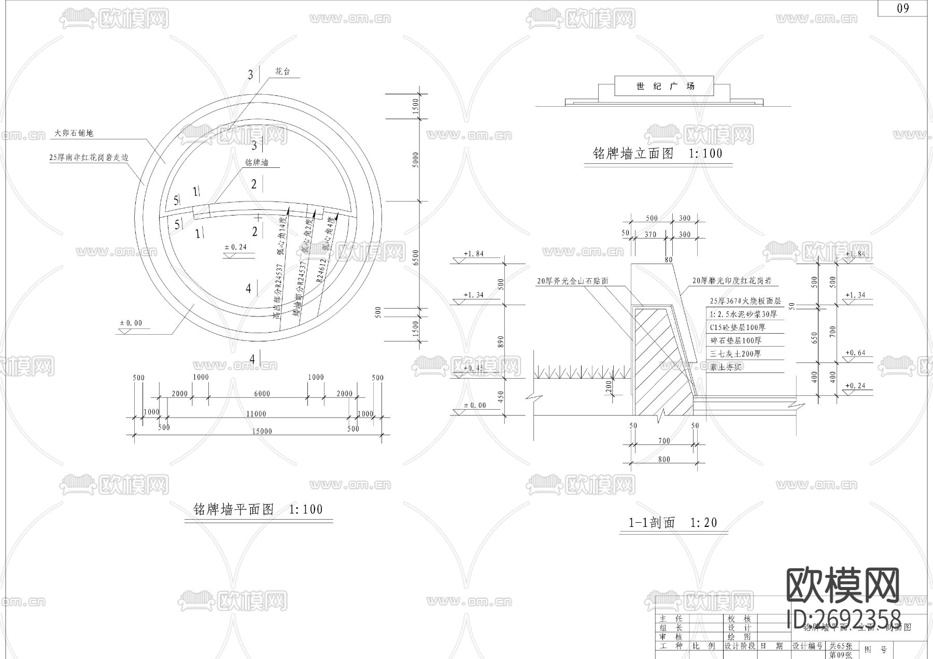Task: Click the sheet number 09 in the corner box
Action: [902, 8]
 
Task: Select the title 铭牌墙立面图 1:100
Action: [657, 154]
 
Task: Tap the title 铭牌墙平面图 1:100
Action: [258, 509]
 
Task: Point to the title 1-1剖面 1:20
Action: [673, 523]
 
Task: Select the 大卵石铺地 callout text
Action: [74, 133]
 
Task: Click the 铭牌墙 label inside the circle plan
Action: [257, 163]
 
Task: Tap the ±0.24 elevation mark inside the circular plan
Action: [236, 247]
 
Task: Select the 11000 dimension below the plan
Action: [256, 413]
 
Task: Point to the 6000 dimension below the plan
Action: [262, 394]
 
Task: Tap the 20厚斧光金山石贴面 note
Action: [572, 281]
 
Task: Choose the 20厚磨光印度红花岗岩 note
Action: [732, 281]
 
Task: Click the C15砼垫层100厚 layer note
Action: [737, 327]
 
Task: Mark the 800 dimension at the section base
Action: [664, 459]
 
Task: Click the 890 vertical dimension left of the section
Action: [500, 341]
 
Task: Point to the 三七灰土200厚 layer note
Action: [736, 354]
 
